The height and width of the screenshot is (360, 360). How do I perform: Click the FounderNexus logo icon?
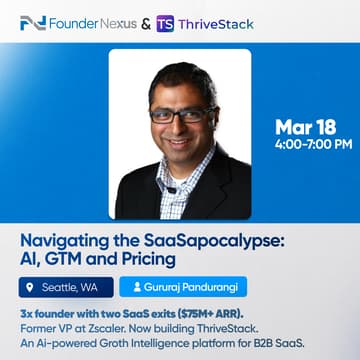[x=30, y=22]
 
